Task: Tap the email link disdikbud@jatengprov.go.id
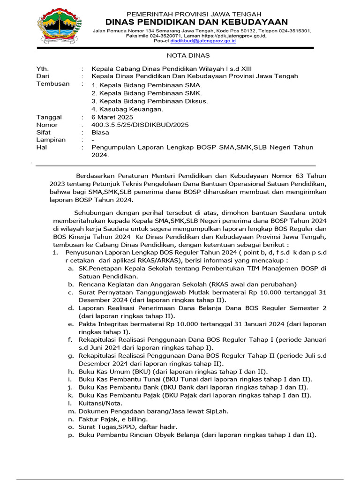(203, 41)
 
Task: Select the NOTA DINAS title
(180, 55)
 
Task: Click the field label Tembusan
(53, 84)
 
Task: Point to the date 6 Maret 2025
(112, 117)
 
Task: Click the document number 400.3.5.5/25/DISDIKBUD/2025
(140, 125)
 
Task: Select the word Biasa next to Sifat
(100, 132)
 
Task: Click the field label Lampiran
(51, 140)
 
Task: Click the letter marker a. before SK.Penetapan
(70, 269)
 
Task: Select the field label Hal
(42, 147)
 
